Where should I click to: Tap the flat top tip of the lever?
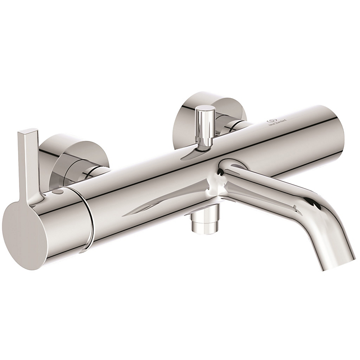(28, 132)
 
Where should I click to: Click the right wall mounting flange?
(189, 115)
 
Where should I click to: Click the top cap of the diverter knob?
(205, 109)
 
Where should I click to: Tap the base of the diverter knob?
(205, 145)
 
